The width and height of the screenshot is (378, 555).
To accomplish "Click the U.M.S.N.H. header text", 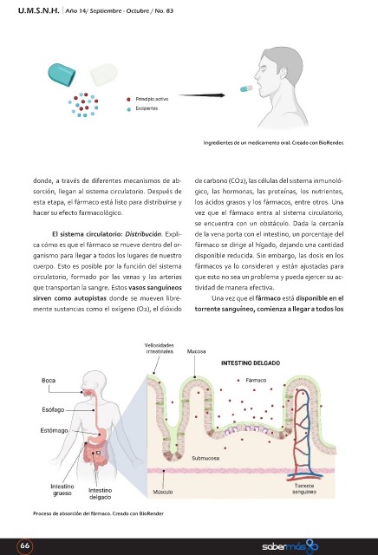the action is click(x=38, y=10).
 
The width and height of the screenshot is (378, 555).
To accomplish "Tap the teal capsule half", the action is click(x=62, y=75).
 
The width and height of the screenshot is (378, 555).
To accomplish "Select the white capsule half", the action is click(x=103, y=75).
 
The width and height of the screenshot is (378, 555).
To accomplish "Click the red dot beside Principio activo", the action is click(x=128, y=100).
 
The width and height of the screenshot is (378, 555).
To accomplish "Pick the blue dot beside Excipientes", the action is click(x=129, y=109).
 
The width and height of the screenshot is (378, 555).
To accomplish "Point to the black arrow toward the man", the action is click(x=201, y=95).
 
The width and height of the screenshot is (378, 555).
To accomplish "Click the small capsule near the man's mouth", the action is click(x=246, y=88).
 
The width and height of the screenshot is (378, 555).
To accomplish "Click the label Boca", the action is click(x=49, y=381).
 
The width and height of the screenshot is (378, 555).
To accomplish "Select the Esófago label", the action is click(x=53, y=409).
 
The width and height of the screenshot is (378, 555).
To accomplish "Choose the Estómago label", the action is click(x=54, y=430).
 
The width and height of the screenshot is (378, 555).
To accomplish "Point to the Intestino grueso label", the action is click(x=62, y=490).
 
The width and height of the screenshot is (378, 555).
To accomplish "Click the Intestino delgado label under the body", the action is click(x=101, y=493).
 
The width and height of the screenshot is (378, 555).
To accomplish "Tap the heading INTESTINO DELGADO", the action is click(x=251, y=362).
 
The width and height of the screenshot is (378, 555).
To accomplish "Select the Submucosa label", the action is click(x=205, y=458).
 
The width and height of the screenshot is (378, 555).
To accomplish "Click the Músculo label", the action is click(x=163, y=492).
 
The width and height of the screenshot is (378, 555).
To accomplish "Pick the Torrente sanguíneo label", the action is click(x=304, y=489).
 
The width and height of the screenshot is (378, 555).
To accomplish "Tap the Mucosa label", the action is click(x=197, y=351).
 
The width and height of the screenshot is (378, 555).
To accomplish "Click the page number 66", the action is click(x=25, y=545).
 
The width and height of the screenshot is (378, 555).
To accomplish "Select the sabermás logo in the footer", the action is click(x=290, y=546).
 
